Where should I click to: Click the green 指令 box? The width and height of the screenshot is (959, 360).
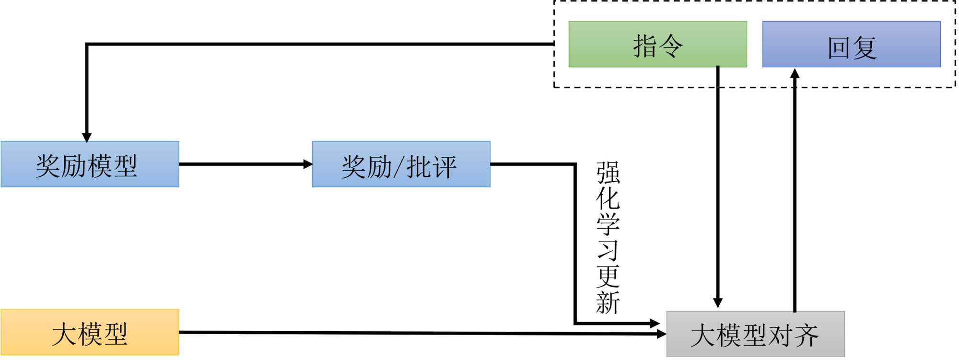657,44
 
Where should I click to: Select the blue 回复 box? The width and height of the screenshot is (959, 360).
851,44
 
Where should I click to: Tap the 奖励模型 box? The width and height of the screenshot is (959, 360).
90,164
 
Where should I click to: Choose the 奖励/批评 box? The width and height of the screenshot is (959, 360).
401,164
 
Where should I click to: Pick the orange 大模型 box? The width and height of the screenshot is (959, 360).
90,332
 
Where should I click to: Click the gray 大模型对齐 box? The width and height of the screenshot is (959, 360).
755,334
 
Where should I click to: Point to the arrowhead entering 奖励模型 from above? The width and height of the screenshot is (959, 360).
87,137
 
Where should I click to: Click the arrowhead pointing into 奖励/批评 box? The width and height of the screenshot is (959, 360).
308,164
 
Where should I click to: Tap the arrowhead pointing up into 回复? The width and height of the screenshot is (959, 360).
795,73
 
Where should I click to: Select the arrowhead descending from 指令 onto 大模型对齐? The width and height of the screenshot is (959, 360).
718,302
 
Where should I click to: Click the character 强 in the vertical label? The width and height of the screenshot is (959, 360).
608,173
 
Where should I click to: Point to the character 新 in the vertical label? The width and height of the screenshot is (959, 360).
608,302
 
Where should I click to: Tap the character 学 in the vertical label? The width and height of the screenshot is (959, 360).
608,224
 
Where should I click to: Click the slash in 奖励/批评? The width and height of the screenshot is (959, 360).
399,167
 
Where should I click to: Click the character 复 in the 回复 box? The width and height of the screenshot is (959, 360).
865,48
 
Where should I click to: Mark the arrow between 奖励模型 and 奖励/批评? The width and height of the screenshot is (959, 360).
245,164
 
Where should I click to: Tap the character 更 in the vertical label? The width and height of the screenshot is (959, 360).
608,276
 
